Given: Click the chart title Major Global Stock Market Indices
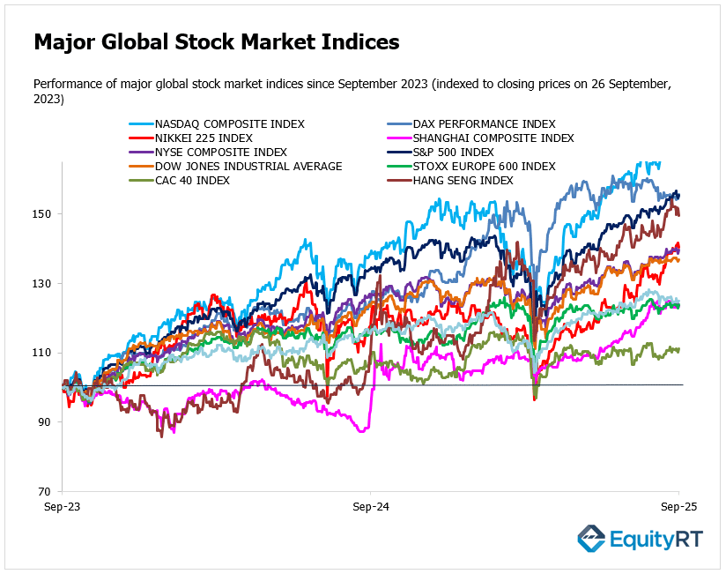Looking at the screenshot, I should tap(216, 41).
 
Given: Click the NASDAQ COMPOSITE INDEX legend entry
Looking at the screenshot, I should tap(229, 124).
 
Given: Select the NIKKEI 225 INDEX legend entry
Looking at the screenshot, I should tap(204, 138).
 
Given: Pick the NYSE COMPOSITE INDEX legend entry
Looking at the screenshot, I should tap(220, 153).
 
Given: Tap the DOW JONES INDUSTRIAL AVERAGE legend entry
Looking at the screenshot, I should tap(248, 167).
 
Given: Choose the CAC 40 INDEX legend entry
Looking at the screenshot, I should tap(192, 181).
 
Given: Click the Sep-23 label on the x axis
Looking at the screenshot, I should tap(62, 509).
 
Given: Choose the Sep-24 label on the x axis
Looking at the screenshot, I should tap(370, 509).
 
